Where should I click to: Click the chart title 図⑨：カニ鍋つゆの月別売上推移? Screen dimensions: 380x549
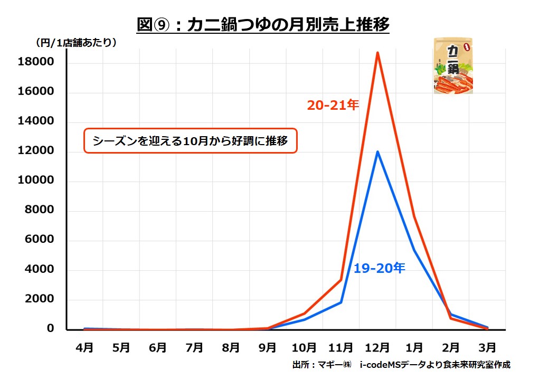(x=262, y=25)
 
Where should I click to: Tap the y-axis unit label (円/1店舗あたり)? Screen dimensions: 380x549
(x=76, y=43)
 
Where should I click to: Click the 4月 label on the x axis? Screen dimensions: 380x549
(x=85, y=348)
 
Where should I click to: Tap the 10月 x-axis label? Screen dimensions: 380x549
(x=305, y=348)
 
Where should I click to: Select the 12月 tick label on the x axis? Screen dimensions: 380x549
(x=377, y=348)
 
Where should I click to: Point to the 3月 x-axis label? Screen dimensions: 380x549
(x=487, y=348)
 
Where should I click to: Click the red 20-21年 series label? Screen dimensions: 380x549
(x=333, y=106)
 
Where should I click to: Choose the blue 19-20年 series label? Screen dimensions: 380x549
(x=379, y=269)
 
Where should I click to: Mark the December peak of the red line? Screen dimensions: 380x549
(x=377, y=53)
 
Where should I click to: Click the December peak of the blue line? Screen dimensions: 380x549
(x=377, y=152)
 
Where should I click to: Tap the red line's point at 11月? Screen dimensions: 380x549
(x=341, y=280)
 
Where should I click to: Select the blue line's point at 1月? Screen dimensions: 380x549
(x=414, y=250)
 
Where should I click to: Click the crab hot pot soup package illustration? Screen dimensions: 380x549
(x=453, y=66)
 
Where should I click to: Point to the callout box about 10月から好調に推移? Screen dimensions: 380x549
(x=191, y=141)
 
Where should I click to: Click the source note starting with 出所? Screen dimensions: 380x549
(x=401, y=365)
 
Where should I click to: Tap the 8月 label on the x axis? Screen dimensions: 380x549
(x=231, y=348)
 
